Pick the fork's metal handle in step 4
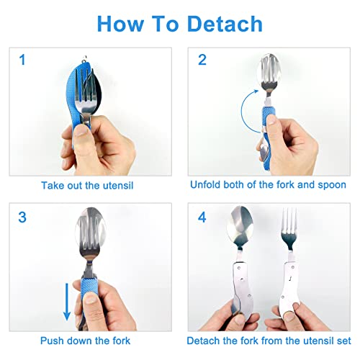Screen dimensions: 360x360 pyautogui.click(x=288, y=281)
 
